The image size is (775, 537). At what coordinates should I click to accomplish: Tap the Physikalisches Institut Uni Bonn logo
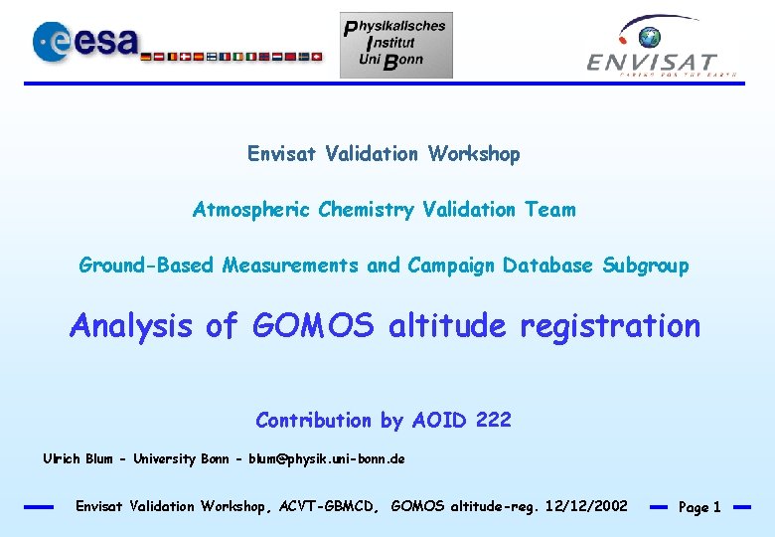[x=396, y=45]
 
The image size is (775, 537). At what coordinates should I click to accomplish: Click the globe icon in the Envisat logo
[x=650, y=38]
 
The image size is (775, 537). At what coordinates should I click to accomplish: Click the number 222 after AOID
[x=494, y=420]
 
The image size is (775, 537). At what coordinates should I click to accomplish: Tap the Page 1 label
[x=699, y=507]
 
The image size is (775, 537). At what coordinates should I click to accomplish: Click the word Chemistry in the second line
[x=367, y=210]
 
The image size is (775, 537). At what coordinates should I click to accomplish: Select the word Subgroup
[x=645, y=266]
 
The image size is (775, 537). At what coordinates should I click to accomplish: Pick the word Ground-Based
[x=148, y=266]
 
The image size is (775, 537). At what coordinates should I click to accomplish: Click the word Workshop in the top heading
[x=474, y=154]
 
